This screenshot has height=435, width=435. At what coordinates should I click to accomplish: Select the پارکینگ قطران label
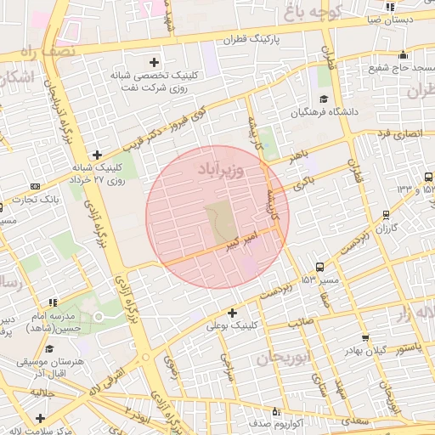[x=252, y=39]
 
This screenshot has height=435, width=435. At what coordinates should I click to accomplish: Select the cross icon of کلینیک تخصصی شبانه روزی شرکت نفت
[x=154, y=61]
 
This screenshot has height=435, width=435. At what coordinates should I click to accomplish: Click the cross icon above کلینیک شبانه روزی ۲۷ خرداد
[x=98, y=155]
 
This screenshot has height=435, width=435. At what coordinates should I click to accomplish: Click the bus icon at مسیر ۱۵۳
[x=319, y=267]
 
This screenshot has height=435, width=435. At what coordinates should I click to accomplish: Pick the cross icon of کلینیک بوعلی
[x=232, y=313]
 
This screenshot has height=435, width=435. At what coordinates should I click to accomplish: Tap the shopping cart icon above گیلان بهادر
[x=365, y=338]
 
